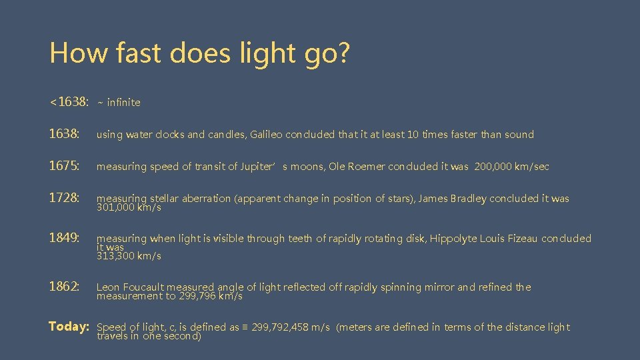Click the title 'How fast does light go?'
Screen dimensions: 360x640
[199, 53]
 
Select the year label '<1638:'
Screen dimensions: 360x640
[69, 102]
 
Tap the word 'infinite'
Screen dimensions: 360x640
[123, 103]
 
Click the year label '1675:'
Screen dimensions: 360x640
[65, 166]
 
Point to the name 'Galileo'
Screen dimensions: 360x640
[266, 135]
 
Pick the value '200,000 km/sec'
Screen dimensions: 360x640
[511, 167]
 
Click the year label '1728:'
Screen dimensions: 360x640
[65, 198]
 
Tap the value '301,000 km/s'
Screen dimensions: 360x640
[129, 207]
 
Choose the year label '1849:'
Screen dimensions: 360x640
[65, 238]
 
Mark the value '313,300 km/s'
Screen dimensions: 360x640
[129, 256]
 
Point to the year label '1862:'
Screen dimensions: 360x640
[65, 287]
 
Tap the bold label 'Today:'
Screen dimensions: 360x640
[69, 327]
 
